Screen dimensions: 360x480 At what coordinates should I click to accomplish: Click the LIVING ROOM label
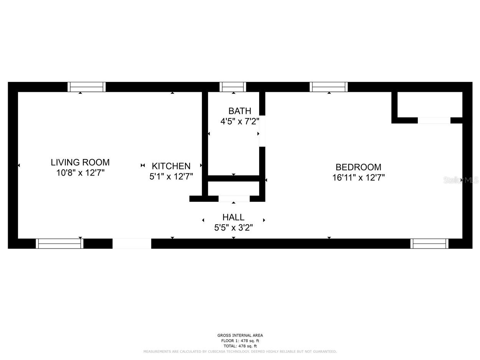[x=80, y=162]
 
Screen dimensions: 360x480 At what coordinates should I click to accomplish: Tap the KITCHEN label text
[x=171, y=166]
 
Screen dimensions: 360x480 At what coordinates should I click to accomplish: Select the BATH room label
[x=240, y=111]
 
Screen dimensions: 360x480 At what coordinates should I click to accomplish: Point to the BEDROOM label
[x=358, y=167]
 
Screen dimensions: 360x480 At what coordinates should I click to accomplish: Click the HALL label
[x=233, y=217]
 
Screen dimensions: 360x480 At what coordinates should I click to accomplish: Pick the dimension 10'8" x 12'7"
[x=80, y=173]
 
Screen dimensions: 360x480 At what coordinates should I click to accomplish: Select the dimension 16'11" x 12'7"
[x=358, y=178]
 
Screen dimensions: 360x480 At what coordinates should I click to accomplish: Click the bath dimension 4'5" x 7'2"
[x=240, y=121]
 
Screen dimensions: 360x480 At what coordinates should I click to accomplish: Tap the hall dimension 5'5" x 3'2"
[x=233, y=227]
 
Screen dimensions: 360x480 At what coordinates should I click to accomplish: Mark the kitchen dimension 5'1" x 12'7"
[x=171, y=176]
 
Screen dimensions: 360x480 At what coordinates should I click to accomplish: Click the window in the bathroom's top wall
[x=233, y=87]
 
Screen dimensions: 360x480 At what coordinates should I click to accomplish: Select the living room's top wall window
[x=86, y=87]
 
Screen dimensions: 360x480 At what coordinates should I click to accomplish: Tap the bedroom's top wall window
[x=329, y=87]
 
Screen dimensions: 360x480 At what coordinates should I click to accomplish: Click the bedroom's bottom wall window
[x=429, y=244]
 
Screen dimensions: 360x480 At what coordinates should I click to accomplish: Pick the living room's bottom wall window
[x=60, y=244]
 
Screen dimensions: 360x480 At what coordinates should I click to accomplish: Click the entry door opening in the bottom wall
[x=132, y=244]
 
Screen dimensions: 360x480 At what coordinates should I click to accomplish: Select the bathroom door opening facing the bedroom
[x=262, y=131]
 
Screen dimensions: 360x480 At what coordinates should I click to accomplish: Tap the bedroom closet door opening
[x=434, y=120]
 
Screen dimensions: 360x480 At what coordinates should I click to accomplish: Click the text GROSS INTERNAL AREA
[x=240, y=335]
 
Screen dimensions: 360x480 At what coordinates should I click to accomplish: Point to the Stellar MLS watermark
[x=461, y=180]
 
